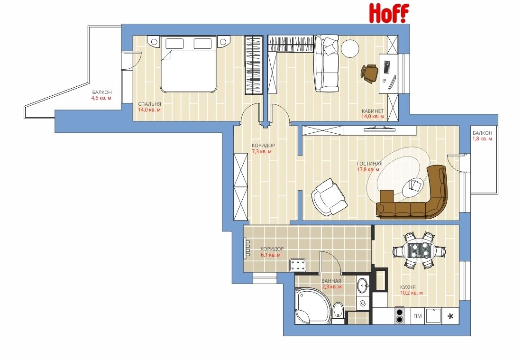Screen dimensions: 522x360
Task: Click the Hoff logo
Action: [389, 13]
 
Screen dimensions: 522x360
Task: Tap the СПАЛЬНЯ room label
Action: [149, 104]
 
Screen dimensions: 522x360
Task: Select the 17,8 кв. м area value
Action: [368, 169]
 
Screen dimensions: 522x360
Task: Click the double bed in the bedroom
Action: [188, 64]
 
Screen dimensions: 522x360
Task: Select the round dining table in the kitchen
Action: [418, 250]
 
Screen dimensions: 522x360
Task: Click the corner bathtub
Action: [312, 306]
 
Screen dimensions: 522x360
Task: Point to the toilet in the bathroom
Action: [338, 313]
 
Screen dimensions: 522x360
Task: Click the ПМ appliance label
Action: [418, 316]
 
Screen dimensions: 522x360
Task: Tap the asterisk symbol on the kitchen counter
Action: [450, 316]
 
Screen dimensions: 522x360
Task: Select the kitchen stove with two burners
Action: [400, 315]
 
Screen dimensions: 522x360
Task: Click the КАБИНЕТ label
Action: [373, 111]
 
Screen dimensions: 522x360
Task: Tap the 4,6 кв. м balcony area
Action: [101, 98]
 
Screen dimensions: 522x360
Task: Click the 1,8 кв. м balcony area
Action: [482, 139]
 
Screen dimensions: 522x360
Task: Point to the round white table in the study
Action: [350, 49]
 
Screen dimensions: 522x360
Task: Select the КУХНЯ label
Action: [408, 287]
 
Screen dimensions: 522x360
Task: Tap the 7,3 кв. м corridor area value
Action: [261, 151]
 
